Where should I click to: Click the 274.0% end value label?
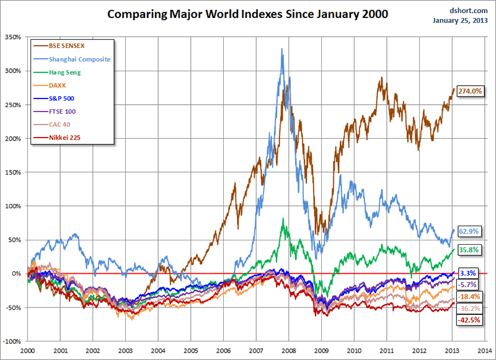pyautogui.click(x=469, y=91)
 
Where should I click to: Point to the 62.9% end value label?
pyautogui.click(x=468, y=230)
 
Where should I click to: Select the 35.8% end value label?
pyautogui.click(x=468, y=249)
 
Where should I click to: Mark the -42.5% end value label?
pyautogui.click(x=469, y=320)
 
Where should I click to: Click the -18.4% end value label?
pyautogui.click(x=469, y=297)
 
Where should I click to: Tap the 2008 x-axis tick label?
pyautogui.click(x=289, y=350)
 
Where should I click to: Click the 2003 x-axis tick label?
pyautogui.click(x=125, y=350)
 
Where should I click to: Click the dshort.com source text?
pyautogui.click(x=471, y=11)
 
